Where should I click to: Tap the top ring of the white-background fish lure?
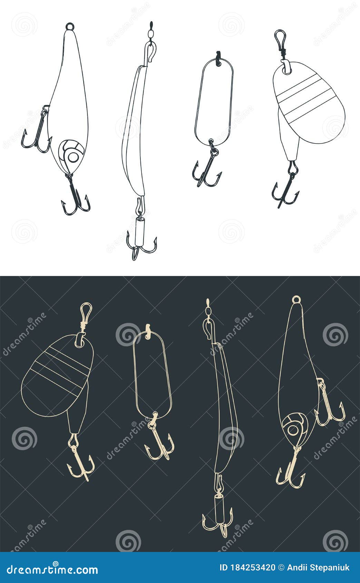pyautogui.click(x=70, y=26)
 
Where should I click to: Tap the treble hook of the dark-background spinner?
pyautogui.click(x=81, y=462)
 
